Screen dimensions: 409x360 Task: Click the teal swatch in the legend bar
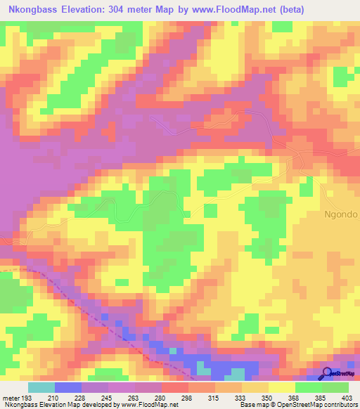41,387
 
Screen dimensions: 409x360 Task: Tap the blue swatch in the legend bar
68,387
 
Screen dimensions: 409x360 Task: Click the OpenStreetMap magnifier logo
326,372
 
